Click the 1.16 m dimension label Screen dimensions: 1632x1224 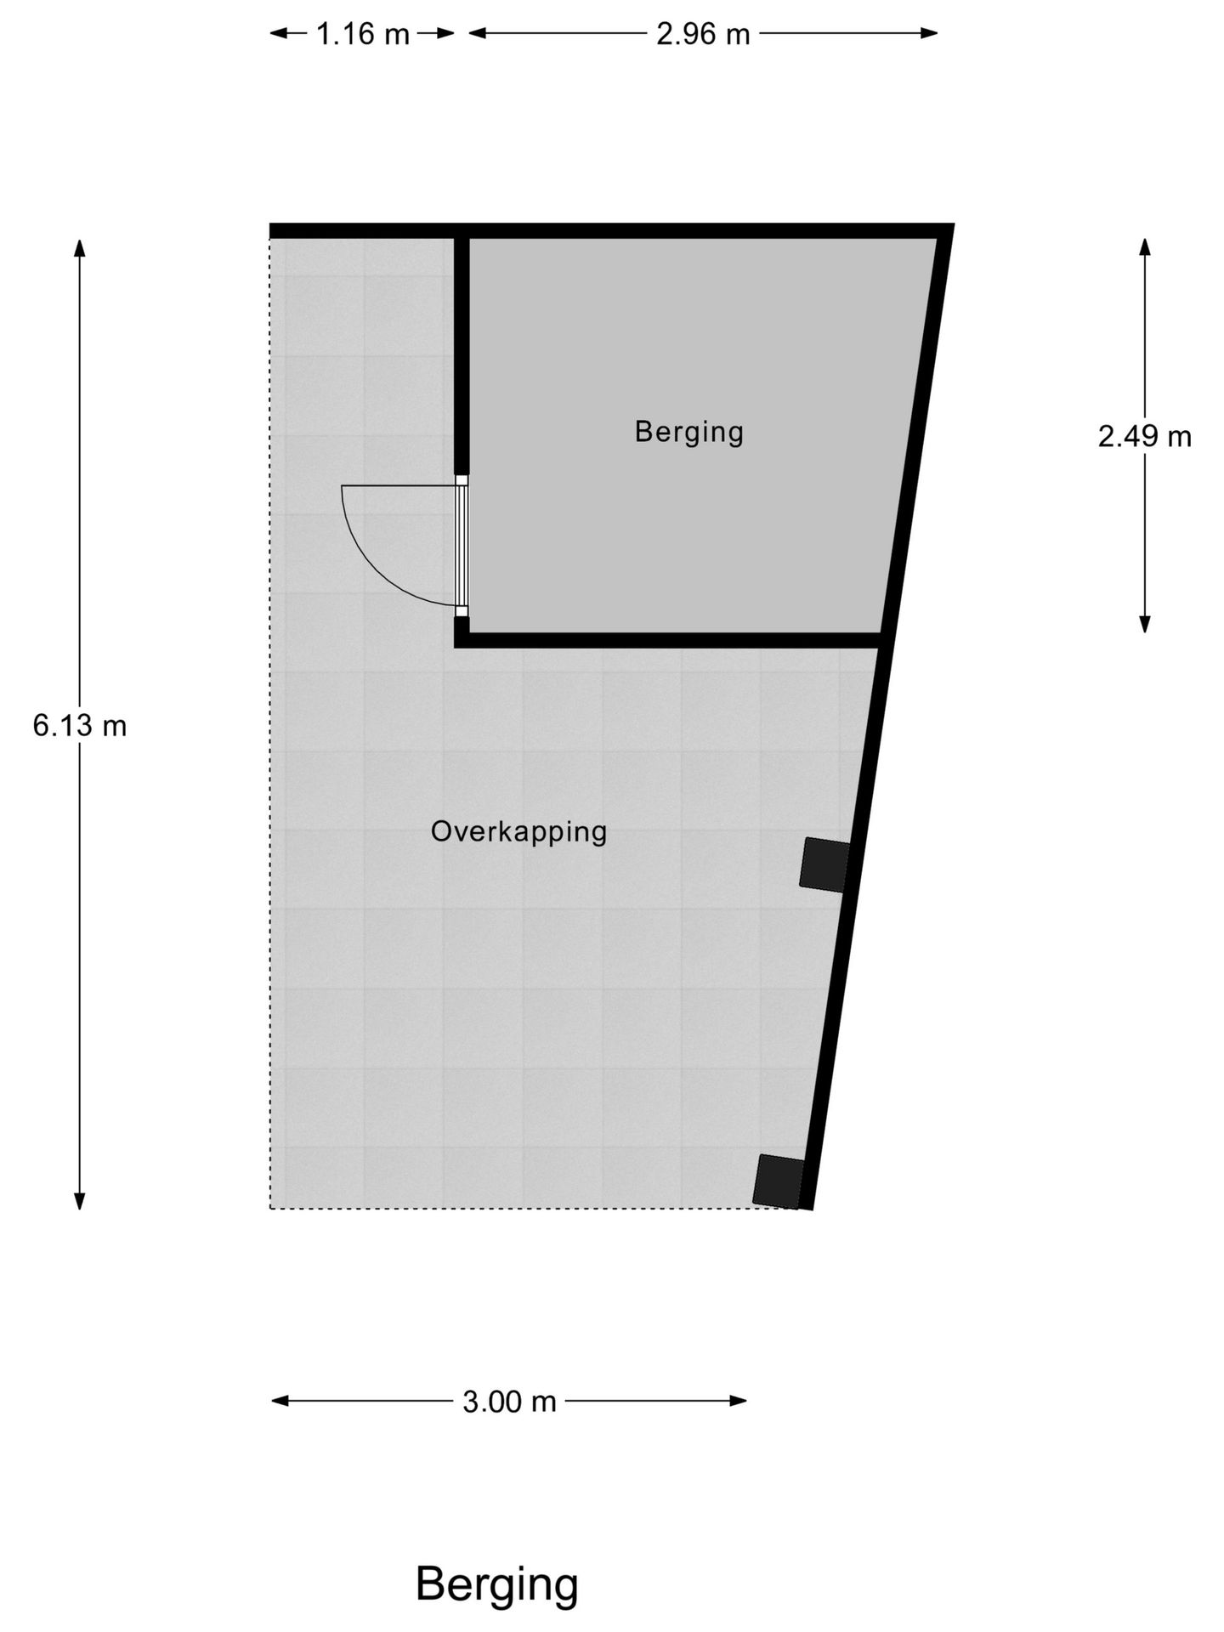click(363, 34)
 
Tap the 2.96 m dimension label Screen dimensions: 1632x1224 click(703, 34)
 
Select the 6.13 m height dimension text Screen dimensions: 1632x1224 click(80, 725)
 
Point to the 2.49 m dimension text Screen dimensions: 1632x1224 click(1144, 436)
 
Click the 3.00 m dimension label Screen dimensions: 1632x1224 click(508, 1402)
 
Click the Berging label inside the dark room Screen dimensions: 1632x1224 click(688, 432)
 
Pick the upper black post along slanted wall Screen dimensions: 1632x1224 click(824, 864)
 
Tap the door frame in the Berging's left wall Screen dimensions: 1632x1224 click(462, 545)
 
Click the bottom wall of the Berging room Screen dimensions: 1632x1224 click(671, 640)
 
